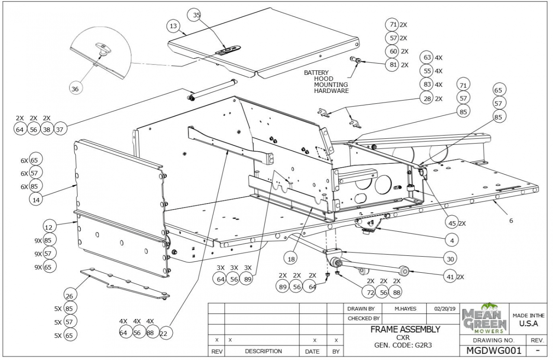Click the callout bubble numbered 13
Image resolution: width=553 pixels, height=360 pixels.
point(173,26)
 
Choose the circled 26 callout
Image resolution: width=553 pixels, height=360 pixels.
point(70,296)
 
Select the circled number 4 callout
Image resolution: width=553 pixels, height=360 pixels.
point(451,239)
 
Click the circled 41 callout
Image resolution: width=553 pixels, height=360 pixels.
point(450,277)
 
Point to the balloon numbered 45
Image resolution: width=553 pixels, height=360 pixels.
point(451,223)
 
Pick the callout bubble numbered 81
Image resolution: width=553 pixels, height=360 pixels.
point(392,65)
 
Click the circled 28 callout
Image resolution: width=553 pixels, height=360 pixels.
point(427,99)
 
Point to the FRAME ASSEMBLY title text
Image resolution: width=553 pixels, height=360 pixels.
point(405,329)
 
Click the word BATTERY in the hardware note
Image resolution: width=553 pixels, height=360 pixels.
point(316,73)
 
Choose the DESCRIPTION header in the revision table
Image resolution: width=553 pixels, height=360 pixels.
point(263,351)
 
